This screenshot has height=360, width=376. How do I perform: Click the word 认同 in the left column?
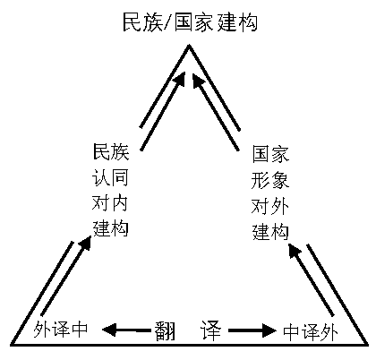pyautogui.click(x=110, y=177)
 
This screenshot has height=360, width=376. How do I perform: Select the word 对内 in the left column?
pyautogui.click(x=110, y=203)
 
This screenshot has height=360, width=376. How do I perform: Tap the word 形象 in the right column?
pyautogui.click(x=270, y=181)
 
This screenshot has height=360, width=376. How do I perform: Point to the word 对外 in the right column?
pyautogui.click(x=270, y=207)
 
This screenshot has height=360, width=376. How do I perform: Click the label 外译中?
pyautogui.click(x=61, y=330)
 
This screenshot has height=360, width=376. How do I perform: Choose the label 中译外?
pyautogui.click(x=311, y=331)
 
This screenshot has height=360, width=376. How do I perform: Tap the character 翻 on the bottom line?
pyautogui.click(x=165, y=330)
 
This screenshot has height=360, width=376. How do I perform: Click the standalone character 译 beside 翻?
pyautogui.click(x=211, y=330)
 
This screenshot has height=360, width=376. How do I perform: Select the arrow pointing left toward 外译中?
pyautogui.click(x=126, y=330)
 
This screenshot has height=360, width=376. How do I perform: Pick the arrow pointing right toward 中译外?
pyautogui.click(x=252, y=330)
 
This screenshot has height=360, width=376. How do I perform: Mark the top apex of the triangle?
pyautogui.click(x=189, y=45)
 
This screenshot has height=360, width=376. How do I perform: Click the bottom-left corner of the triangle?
pyautogui.click(x=12, y=345)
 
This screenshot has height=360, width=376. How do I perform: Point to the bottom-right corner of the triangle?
pyautogui.click(x=367, y=345)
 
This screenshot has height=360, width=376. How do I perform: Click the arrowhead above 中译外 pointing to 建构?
pyautogui.click(x=295, y=251)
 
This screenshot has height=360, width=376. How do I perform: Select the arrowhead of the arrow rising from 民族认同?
pyautogui.click(x=179, y=79)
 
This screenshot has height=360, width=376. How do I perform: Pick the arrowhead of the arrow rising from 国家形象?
pyautogui.click(x=198, y=80)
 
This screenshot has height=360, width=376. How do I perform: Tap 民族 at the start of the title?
pyautogui.click(x=143, y=22)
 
